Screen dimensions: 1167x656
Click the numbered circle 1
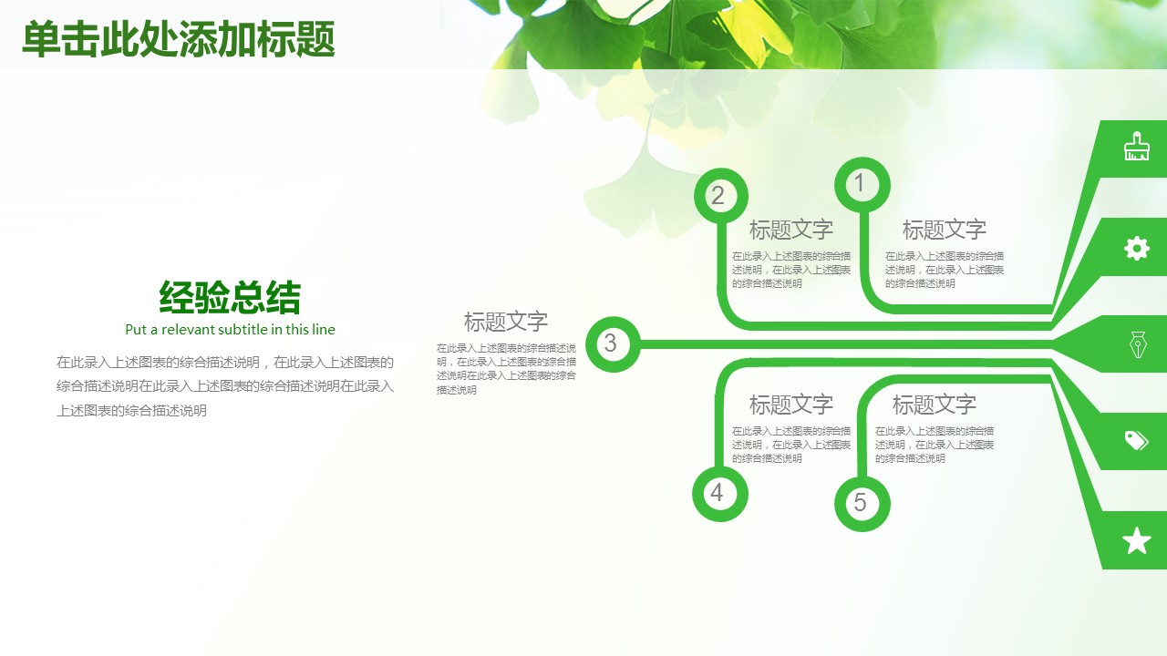tap(862, 185)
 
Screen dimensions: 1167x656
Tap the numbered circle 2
tap(721, 196)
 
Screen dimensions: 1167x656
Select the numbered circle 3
tap(613, 344)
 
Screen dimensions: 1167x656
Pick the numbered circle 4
tap(720, 494)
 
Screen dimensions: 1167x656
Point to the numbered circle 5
tap(862, 504)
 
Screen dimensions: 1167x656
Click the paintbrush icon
tap(1136, 147)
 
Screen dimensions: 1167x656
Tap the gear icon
tap(1136, 249)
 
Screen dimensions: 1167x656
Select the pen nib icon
tap(1138, 344)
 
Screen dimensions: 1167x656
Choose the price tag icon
tap(1136, 440)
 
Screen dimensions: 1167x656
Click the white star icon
tap(1136, 540)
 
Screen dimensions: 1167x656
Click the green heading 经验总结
tap(230, 297)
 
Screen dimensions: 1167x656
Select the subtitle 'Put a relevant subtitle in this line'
tap(230, 330)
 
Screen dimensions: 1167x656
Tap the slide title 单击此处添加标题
tap(178, 39)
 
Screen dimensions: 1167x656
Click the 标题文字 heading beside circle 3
tap(505, 322)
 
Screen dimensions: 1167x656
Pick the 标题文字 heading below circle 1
tap(944, 230)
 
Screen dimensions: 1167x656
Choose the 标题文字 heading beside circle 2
tap(790, 230)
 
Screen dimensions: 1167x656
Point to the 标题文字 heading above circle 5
tap(935, 405)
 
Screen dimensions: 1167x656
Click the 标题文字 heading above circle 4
tap(790, 405)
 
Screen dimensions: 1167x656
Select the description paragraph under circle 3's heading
tap(506, 369)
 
